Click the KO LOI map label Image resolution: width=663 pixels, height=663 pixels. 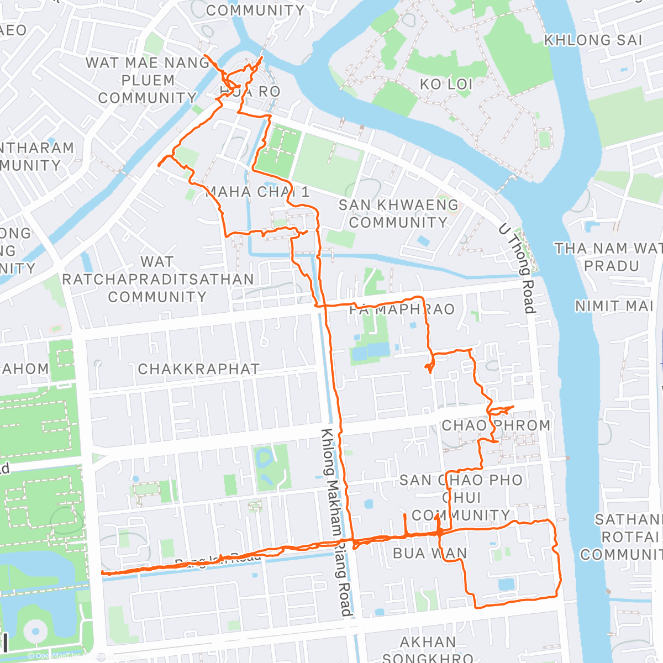(446, 85)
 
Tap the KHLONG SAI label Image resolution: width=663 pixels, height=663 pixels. (593, 40)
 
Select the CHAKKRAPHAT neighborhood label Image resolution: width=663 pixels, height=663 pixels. (198, 369)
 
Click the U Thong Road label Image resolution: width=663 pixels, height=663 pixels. (517, 269)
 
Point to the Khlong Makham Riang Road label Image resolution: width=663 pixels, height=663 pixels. (337, 522)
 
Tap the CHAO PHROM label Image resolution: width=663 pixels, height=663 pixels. (496, 425)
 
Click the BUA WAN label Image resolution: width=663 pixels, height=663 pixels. (430, 553)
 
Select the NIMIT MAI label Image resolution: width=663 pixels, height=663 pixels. (614, 306)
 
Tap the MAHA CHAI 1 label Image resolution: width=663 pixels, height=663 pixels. (257, 192)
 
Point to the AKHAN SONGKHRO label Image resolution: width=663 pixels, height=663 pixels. (428, 650)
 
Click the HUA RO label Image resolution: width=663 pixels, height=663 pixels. (250, 92)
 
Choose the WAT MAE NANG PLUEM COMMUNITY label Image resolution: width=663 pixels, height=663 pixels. (148, 81)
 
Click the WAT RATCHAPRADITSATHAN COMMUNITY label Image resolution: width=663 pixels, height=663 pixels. (157, 279)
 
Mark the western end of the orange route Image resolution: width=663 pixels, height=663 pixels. (103, 573)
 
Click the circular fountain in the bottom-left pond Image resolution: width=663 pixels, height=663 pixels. (35, 630)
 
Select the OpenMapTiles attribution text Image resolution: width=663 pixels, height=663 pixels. (55, 656)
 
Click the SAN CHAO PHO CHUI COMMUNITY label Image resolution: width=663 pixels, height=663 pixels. (461, 497)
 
